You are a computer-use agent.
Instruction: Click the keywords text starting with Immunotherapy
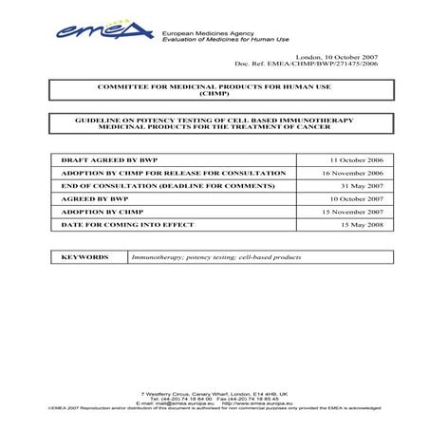(x=216, y=257)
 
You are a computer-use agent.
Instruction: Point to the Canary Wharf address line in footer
(x=214, y=393)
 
